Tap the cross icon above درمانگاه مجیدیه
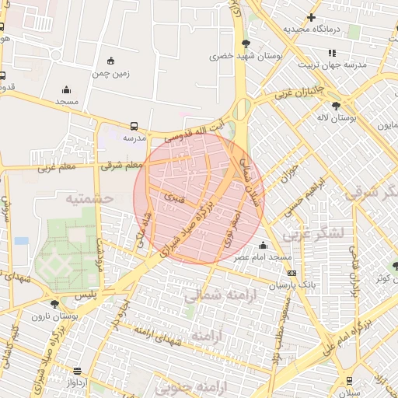[x=311, y=17]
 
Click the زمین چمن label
[x=111, y=74]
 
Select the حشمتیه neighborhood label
[x=89, y=198]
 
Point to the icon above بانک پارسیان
[x=292, y=273]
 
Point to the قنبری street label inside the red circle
[x=170, y=198]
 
